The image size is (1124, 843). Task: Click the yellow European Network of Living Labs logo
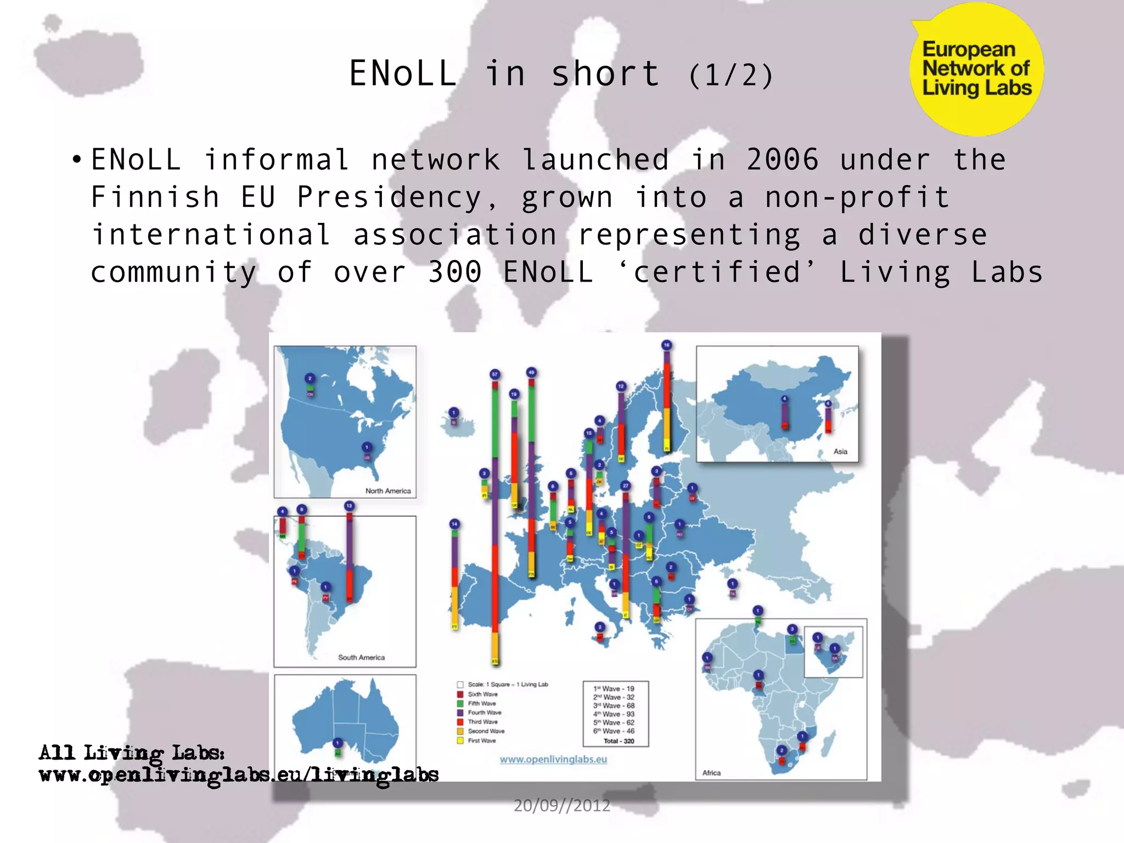coord(976,69)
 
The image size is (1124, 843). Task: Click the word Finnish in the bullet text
coord(155,198)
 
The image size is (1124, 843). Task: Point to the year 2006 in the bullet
coord(783,160)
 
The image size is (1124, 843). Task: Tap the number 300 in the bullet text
coord(455,272)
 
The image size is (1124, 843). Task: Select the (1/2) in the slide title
coord(730,75)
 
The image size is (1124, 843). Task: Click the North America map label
coord(388,491)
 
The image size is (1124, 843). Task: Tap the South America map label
coord(361,657)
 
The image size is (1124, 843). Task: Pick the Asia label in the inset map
coord(840,451)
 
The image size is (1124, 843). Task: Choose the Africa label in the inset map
coord(711,772)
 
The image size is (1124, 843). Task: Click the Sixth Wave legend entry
coord(482,694)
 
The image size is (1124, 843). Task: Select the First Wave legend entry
coord(481,740)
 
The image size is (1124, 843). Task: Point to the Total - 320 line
coord(619,741)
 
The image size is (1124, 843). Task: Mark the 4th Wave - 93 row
coord(614,714)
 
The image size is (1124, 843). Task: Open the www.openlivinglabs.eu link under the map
coord(553,759)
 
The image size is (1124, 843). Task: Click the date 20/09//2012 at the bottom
coord(562,805)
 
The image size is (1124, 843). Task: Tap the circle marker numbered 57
coord(494,374)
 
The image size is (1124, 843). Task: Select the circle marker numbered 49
coord(531,372)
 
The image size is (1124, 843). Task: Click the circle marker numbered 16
coord(666,345)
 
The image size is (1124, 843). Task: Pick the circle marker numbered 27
coord(626,486)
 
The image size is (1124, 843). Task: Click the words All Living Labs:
coord(132,752)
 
